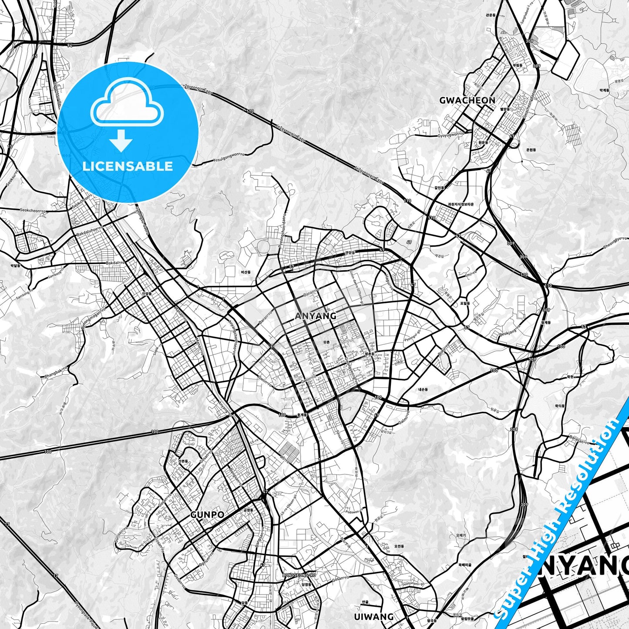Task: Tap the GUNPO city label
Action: [207, 515]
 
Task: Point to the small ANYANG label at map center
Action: [316, 316]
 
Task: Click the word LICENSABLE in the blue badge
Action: [128, 166]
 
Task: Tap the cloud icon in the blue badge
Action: [127, 104]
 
